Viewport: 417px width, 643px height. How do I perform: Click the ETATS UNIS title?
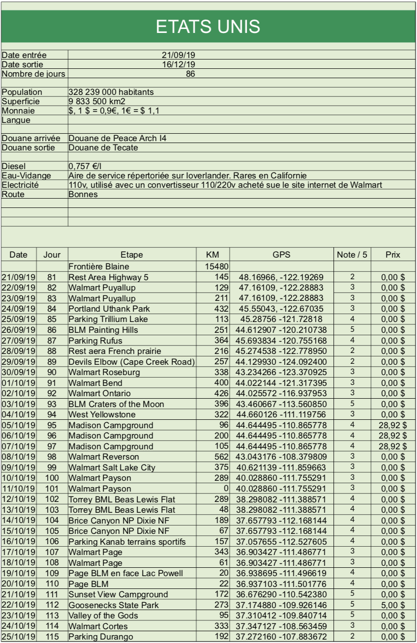tap(208, 26)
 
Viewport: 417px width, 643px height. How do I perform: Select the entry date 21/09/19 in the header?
tap(179, 56)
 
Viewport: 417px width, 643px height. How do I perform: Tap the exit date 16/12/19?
tap(179, 64)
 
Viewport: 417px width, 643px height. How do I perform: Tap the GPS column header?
tap(281, 255)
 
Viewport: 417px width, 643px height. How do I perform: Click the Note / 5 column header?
tap(352, 255)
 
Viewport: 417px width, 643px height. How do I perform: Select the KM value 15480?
tap(215, 266)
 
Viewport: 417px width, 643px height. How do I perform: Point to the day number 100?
tap(52, 477)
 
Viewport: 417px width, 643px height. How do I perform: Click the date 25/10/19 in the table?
tap(19, 637)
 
